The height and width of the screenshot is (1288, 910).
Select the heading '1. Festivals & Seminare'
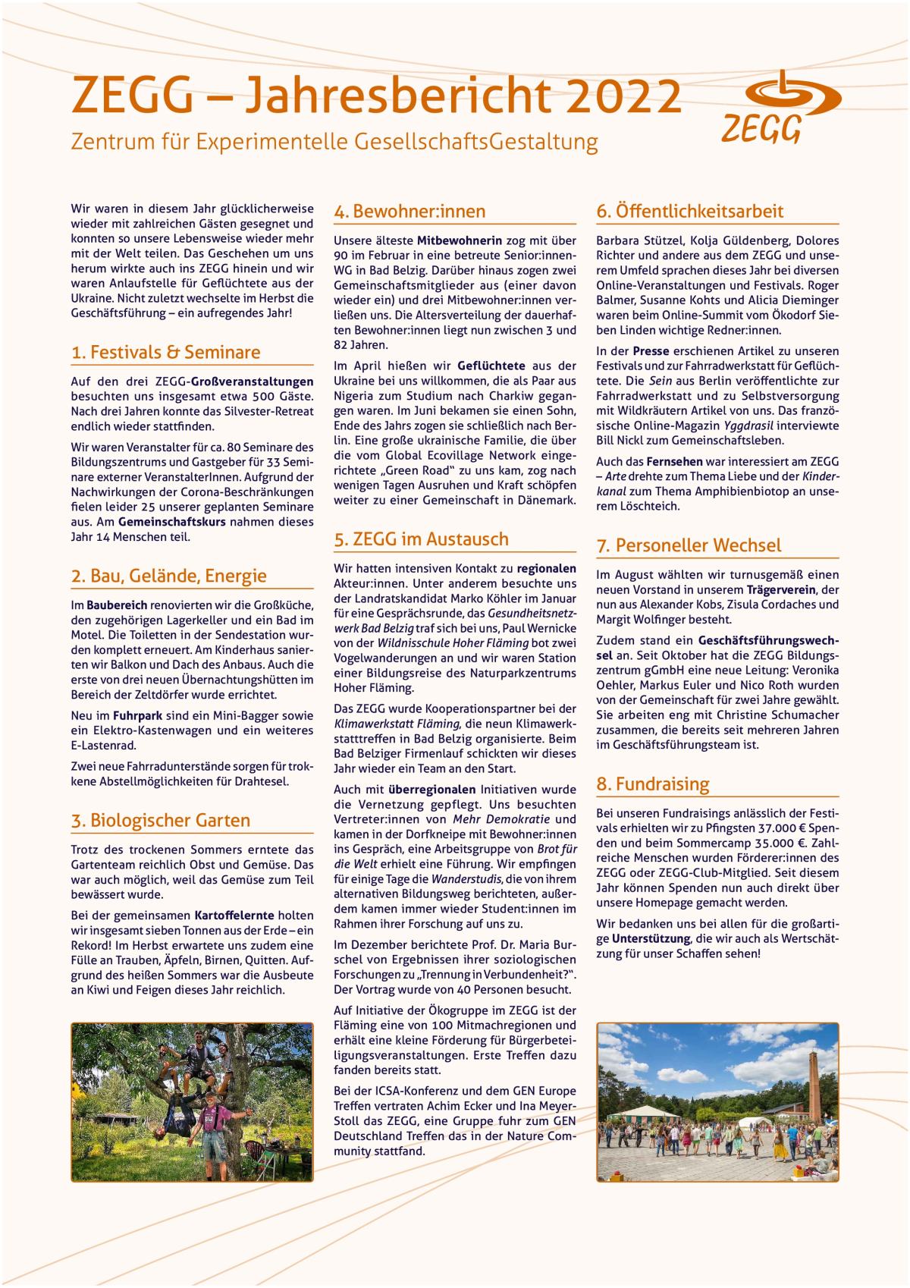(x=165, y=352)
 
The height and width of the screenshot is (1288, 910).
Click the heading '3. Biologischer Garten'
(x=160, y=820)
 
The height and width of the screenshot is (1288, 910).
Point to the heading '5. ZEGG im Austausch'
(x=421, y=539)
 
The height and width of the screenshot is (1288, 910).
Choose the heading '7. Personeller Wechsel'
(x=688, y=545)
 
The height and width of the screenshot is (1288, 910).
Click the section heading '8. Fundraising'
(x=652, y=784)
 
